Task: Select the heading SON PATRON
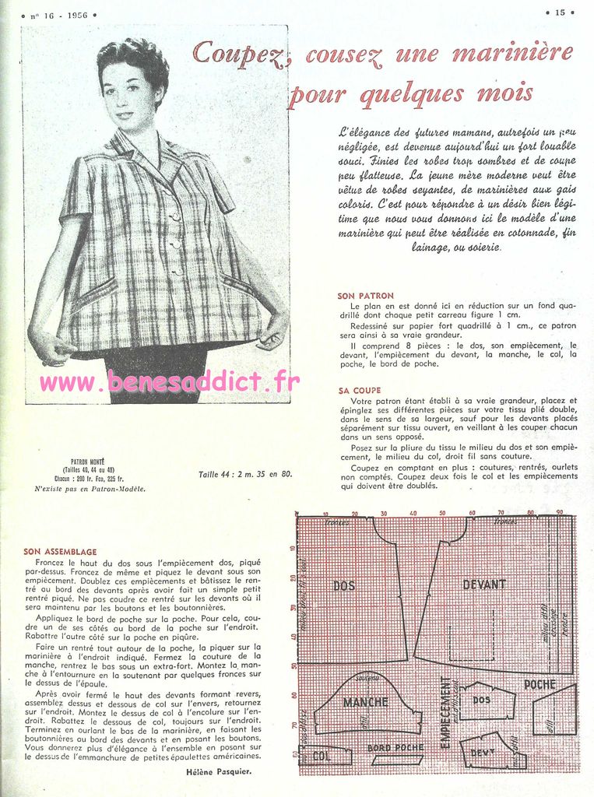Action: coord(365,297)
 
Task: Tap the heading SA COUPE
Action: coord(360,390)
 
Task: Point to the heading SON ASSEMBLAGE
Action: coord(60,551)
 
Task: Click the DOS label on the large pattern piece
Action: coord(344,585)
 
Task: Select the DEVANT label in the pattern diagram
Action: coord(484,584)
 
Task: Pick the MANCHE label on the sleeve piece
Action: coord(365,702)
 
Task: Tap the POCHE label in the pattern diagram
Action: coord(540,684)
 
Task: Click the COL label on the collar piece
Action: coord(320,756)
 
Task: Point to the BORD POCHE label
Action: coord(395,748)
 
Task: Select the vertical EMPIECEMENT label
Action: coord(445,712)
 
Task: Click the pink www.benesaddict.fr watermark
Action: coord(169,382)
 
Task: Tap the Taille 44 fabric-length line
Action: coord(245,473)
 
